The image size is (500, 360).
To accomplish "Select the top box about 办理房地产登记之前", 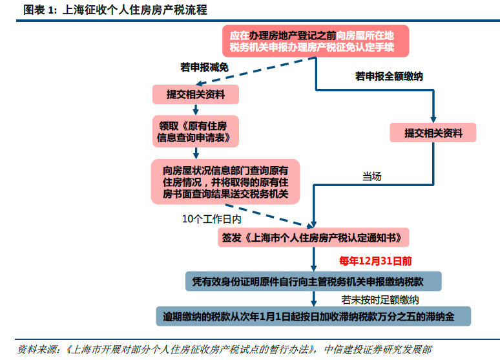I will [316, 41].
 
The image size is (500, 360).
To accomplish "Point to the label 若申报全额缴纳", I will [389, 76].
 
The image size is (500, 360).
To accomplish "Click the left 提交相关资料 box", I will [196, 94].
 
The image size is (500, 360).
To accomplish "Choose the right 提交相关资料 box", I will [433, 133].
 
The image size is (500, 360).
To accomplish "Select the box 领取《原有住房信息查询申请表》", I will [196, 131].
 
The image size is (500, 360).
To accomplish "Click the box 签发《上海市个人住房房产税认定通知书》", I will [315, 237].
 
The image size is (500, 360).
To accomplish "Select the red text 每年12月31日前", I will [375, 261].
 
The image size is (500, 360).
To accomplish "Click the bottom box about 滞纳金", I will [313, 317].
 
